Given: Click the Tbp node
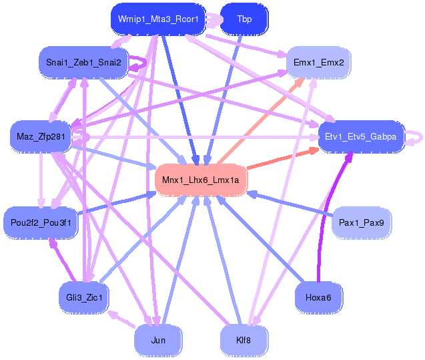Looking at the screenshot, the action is (244, 19).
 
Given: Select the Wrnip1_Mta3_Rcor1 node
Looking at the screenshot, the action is (158, 19).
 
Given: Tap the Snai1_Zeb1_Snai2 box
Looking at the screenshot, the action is (83, 62).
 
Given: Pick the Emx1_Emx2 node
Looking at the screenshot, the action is (318, 62).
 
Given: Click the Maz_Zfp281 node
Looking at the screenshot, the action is (41, 136).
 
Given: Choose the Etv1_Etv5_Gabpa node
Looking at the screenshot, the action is (361, 136).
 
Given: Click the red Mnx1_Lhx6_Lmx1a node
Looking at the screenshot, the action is (201, 180).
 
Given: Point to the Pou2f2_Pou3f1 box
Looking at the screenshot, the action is (41, 222).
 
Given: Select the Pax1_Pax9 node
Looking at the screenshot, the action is (362, 222).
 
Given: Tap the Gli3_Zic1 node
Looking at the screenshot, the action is (84, 298).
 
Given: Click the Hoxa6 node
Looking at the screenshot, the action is (318, 298).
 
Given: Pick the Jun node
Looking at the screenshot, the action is (158, 340).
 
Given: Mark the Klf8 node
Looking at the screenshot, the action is (244, 340).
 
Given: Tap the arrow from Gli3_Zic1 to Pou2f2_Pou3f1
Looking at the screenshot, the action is (63, 260).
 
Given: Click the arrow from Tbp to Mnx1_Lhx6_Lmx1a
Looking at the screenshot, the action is (224, 100).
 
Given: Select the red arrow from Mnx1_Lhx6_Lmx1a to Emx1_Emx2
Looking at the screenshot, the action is (261, 121).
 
